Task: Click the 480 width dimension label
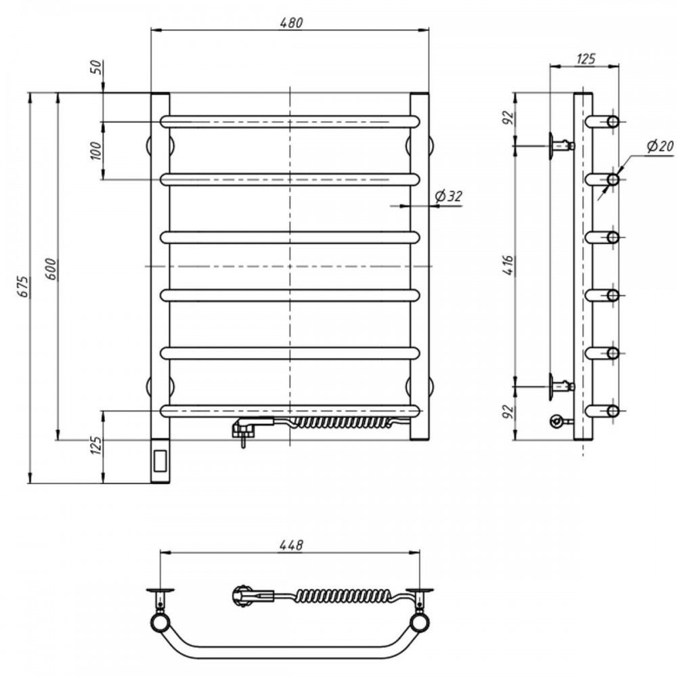coord(291,22)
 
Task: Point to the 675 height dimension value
coord(24,286)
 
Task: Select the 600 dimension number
coord(51,269)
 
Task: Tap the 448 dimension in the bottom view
coord(291,545)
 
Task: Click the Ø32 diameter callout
coord(448,196)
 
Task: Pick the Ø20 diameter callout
coord(660,146)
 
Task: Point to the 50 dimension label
coord(97,67)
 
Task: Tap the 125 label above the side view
coord(586,58)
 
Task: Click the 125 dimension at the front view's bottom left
coord(96,445)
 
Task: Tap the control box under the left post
coord(160,460)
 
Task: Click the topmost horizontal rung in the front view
coord(290,122)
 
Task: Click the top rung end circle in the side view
coord(613,122)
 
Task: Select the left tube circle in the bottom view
coord(160,624)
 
